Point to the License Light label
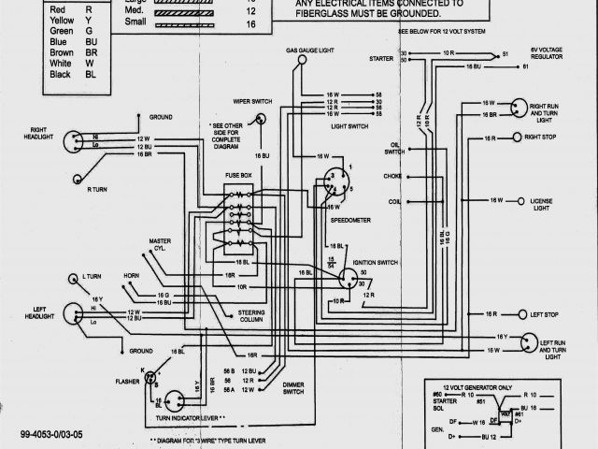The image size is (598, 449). tap(542, 204)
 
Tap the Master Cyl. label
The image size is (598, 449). tap(159, 246)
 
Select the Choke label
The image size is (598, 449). tap(392, 176)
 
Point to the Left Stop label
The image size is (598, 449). tap(544, 314)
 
